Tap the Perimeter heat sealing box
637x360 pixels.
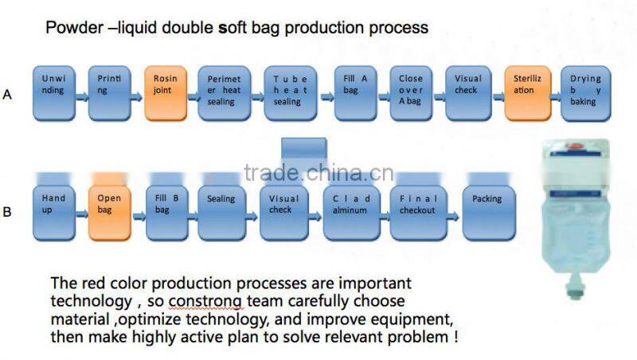[x=220, y=92]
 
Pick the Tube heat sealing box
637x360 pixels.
[x=287, y=92]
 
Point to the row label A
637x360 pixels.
[x=7, y=95]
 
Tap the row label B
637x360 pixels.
[x=7, y=213]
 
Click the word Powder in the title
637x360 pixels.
[x=69, y=28]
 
